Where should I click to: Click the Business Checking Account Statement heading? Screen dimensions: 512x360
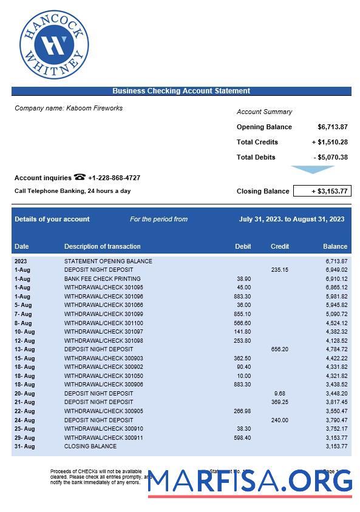pyautogui.click(x=181, y=91)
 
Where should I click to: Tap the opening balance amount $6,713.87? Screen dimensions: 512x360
pyautogui.click(x=332, y=127)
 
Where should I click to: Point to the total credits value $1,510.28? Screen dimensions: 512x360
pyautogui.click(x=330, y=142)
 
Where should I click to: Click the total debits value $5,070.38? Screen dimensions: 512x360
pyautogui.click(x=331, y=157)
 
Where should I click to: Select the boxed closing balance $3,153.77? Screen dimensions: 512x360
pyautogui.click(x=322, y=191)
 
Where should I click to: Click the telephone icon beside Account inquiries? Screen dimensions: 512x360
pyautogui.click(x=80, y=177)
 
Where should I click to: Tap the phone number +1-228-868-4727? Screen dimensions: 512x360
pyautogui.click(x=114, y=178)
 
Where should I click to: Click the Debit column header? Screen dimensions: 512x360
pyautogui.click(x=243, y=246)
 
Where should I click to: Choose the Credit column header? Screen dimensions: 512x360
pyautogui.click(x=280, y=246)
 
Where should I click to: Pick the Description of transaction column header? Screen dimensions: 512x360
pyautogui.click(x=102, y=246)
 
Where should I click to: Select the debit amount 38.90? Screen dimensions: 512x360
pyautogui.click(x=243, y=279)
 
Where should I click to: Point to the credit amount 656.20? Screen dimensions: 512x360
pyautogui.click(x=279, y=349)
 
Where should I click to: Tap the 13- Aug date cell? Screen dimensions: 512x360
pyautogui.click(x=25, y=349)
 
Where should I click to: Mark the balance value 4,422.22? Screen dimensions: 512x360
pyautogui.click(x=336, y=358)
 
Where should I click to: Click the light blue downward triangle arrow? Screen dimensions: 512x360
pyautogui.click(x=313, y=170)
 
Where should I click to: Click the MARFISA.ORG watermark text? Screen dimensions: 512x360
pyautogui.click(x=250, y=481)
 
